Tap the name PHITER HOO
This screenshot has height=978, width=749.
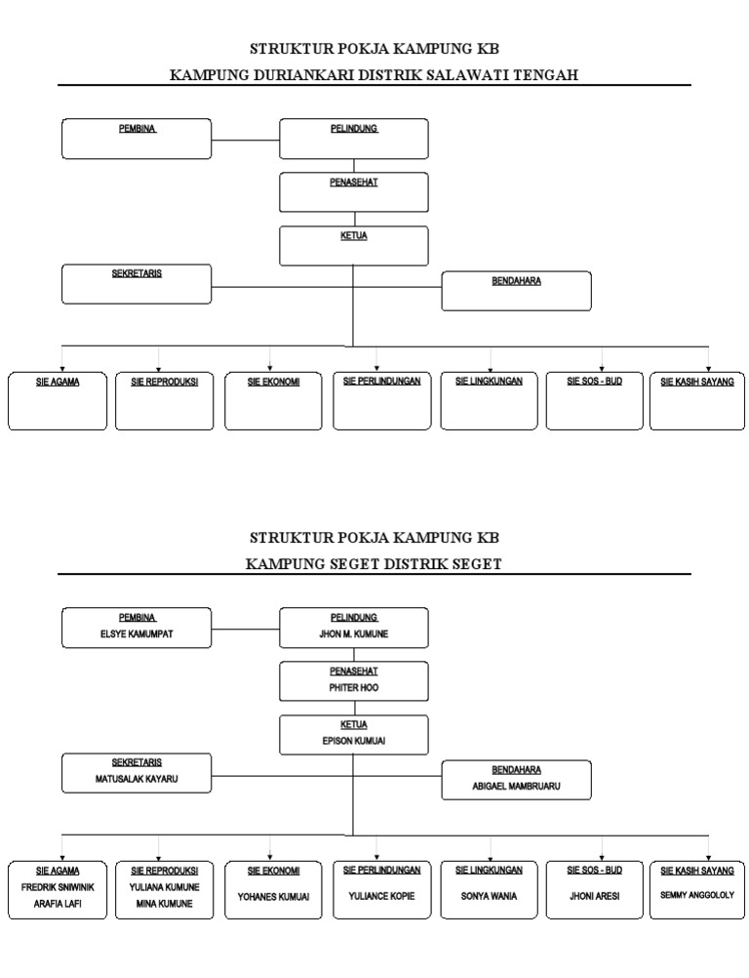tap(353, 688)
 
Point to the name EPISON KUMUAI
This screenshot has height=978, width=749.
tap(353, 741)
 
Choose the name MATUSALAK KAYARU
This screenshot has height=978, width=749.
tap(137, 780)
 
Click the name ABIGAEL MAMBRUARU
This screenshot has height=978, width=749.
tap(516, 786)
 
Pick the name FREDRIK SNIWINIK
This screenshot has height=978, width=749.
tap(58, 887)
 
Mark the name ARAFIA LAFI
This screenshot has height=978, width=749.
tap(58, 904)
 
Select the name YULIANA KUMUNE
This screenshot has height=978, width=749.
tap(164, 887)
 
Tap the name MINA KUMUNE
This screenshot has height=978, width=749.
tap(164, 904)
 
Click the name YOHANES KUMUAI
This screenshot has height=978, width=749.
tap(273, 896)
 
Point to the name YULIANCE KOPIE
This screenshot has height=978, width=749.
tap(381, 896)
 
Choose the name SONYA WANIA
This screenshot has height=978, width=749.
tap(490, 896)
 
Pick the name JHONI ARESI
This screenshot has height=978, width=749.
tap(594, 896)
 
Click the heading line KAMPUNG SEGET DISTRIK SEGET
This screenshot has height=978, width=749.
tap(374, 564)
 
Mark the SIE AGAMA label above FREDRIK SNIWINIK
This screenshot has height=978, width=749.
tap(58, 870)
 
